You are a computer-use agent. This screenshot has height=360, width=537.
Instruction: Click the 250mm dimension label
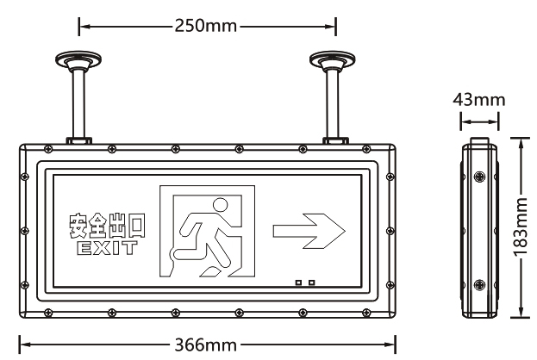click(x=206, y=25)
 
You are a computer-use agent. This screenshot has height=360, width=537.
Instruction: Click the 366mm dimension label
click(x=206, y=344)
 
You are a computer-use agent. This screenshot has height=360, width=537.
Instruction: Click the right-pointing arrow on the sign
click(x=309, y=230)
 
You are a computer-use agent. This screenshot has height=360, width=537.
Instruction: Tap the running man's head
click(x=220, y=206)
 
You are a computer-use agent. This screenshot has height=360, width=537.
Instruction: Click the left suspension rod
click(x=78, y=103)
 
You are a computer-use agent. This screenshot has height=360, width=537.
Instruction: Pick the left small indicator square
click(x=299, y=282)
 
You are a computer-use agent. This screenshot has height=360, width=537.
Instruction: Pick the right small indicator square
click(x=311, y=282)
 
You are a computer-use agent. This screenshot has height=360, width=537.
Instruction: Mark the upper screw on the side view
click(x=479, y=177)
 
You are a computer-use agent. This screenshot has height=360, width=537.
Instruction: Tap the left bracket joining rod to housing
click(x=78, y=139)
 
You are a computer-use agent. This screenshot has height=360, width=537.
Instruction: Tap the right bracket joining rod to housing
click(x=334, y=139)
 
